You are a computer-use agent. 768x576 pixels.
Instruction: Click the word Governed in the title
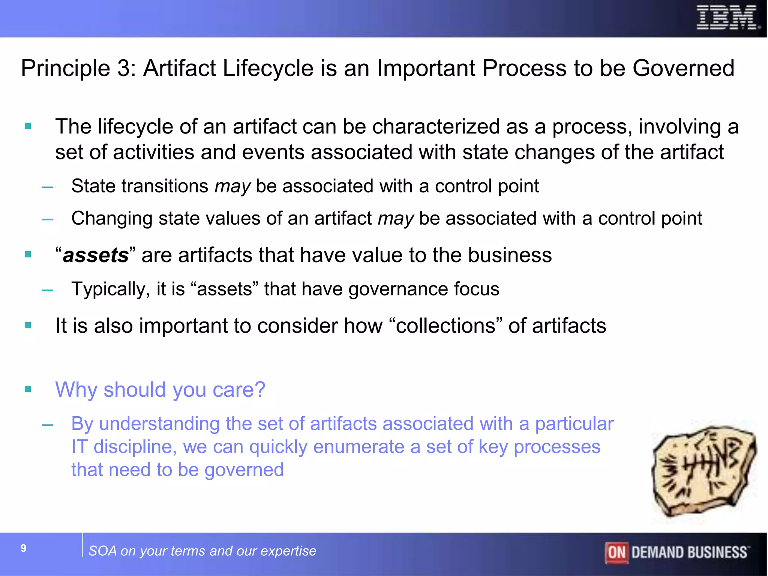tap(683, 69)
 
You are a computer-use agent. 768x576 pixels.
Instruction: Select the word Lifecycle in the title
tap(268, 69)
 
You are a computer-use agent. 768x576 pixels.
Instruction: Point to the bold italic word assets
tap(96, 256)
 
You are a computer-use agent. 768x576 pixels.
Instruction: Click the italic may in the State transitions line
tap(232, 186)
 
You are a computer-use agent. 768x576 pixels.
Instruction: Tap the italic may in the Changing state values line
tap(395, 219)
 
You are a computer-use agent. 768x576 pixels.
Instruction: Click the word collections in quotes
tap(445, 325)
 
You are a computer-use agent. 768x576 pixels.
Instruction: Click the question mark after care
tap(260, 390)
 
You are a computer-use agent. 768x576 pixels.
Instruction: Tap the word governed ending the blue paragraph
tap(244, 470)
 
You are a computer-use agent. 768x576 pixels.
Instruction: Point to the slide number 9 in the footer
tap(24, 548)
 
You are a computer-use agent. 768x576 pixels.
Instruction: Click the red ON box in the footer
tap(616, 552)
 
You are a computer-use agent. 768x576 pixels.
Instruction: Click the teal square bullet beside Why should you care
tap(28, 389)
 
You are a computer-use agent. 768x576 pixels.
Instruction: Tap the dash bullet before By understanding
tap(48, 425)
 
